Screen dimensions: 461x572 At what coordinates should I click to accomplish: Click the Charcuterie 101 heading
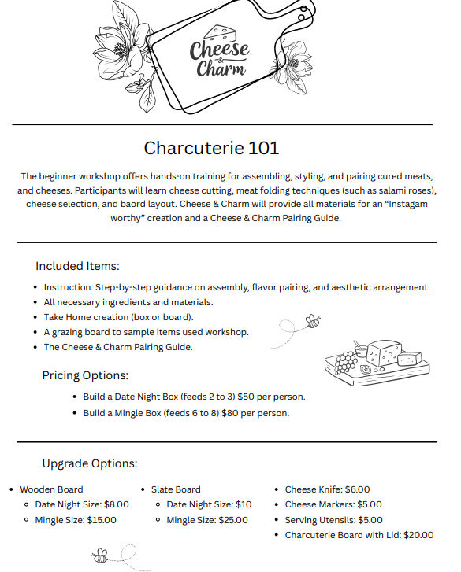pos(211,148)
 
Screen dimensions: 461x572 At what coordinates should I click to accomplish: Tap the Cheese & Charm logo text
pos(218,59)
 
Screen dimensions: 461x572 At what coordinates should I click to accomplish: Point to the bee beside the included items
pos(313,321)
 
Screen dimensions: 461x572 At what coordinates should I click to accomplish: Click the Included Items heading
pos(77,266)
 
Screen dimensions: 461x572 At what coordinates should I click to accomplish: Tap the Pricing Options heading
pos(85,375)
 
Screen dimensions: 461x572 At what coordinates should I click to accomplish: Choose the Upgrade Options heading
pos(90,463)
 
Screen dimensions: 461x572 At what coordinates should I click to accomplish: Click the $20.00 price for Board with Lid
pos(418,535)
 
